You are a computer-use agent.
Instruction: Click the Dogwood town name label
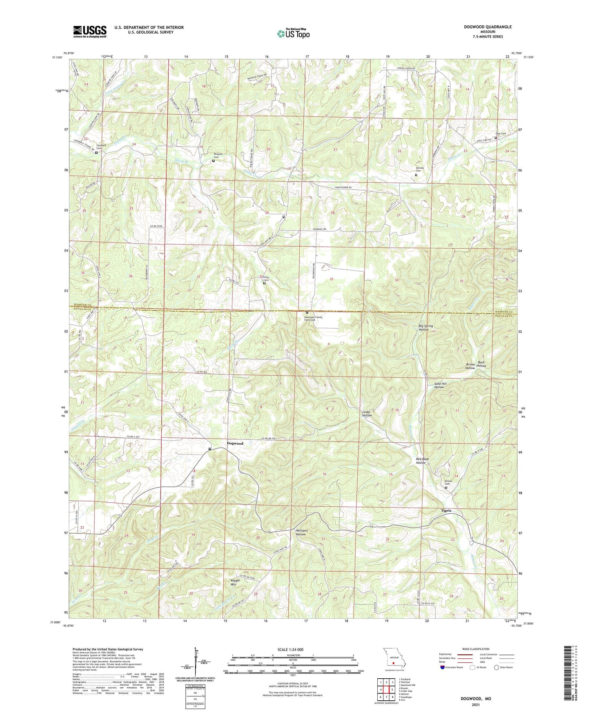coord(235,443)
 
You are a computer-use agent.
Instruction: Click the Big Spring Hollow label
coord(426,328)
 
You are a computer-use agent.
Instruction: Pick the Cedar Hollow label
coord(366,414)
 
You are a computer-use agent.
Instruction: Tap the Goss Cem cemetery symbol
coord(496,138)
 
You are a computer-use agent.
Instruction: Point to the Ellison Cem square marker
coord(446,488)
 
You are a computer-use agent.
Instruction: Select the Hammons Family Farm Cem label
coord(313,319)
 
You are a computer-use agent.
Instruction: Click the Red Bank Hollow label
coord(423,461)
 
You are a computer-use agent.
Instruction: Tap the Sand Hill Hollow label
coord(439,385)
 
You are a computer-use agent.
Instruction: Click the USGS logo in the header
coord(90,31)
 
